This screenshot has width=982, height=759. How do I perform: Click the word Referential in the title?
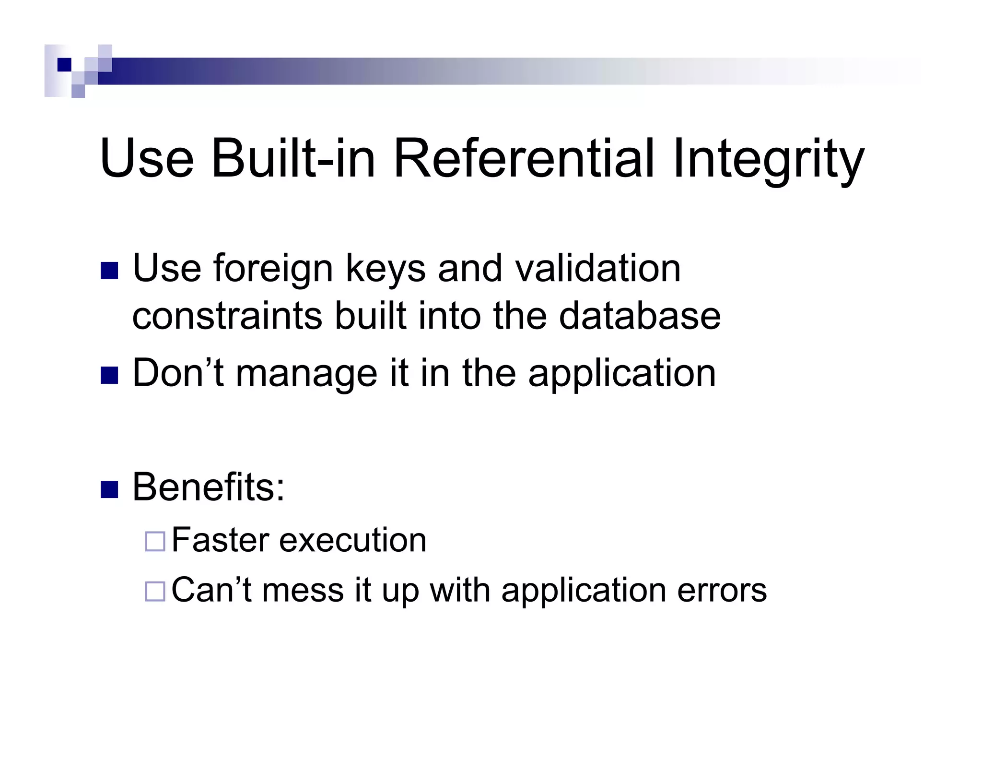click(x=524, y=158)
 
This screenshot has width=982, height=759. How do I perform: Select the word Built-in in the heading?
click(x=292, y=158)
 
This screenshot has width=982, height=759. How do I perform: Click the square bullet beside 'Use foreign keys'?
click(x=109, y=271)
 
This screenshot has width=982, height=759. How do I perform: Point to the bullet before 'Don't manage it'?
click(x=109, y=375)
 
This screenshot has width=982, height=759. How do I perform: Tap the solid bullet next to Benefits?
click(x=109, y=489)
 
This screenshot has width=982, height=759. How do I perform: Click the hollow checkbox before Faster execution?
click(x=155, y=541)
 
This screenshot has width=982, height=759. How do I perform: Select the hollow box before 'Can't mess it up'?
click(x=155, y=591)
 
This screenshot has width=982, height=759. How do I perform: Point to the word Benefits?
click(x=209, y=487)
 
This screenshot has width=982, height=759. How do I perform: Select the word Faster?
click(x=221, y=540)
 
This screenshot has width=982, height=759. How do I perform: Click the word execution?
click(x=353, y=540)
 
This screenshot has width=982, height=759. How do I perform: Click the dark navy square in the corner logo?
click(x=64, y=64)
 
